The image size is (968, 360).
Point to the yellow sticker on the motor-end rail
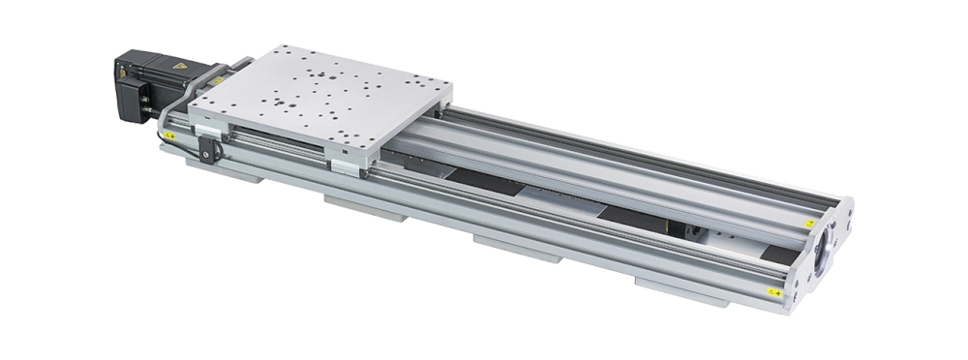[169, 136]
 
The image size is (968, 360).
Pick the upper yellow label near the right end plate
[808, 224]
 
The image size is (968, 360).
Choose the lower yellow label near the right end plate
[773, 290]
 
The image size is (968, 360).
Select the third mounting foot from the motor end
[517, 248]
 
